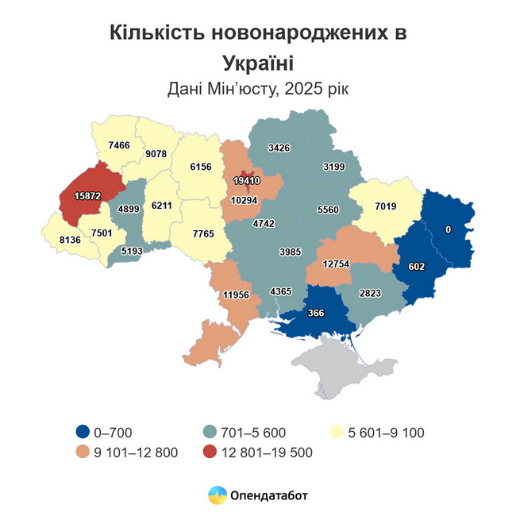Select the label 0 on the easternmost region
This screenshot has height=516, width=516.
pos(448,229)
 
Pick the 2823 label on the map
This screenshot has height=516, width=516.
pos(370,293)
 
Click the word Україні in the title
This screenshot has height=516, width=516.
pos(257,63)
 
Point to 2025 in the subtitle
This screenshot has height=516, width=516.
pos(298,89)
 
